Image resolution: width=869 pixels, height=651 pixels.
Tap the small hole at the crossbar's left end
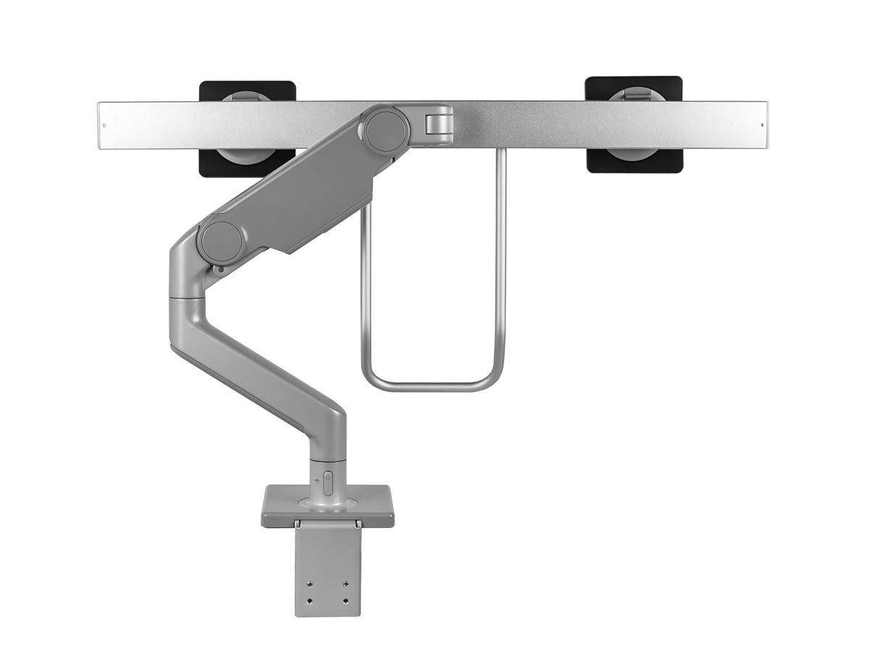[x=104, y=125]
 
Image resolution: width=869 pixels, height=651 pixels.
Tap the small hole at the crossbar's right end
[x=761, y=125]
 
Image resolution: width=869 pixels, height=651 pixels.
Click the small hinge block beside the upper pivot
[x=437, y=121]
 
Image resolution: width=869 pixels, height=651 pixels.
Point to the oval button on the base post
[x=327, y=483]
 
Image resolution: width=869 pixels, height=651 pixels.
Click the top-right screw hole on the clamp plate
[x=345, y=585]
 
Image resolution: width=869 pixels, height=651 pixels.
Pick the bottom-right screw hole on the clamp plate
[x=345, y=601]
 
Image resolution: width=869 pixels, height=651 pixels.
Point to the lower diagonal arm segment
[x=261, y=362]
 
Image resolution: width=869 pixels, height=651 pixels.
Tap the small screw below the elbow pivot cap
[x=219, y=269]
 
